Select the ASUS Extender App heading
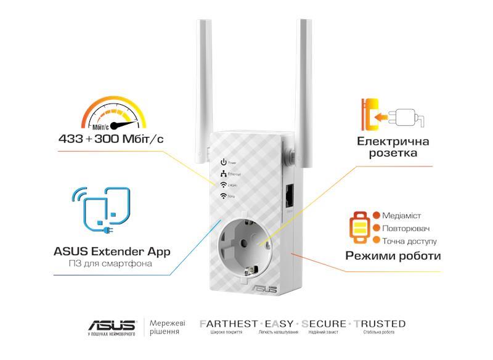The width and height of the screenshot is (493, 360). (x=112, y=252)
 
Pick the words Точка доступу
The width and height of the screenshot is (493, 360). (x=409, y=240)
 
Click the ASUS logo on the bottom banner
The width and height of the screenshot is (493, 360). (x=112, y=325)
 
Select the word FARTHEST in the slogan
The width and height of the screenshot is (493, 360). (x=229, y=323)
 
